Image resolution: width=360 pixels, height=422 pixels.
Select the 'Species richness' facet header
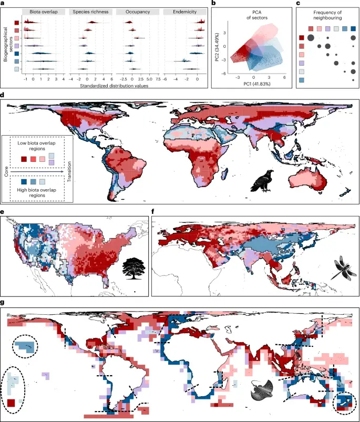94,11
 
